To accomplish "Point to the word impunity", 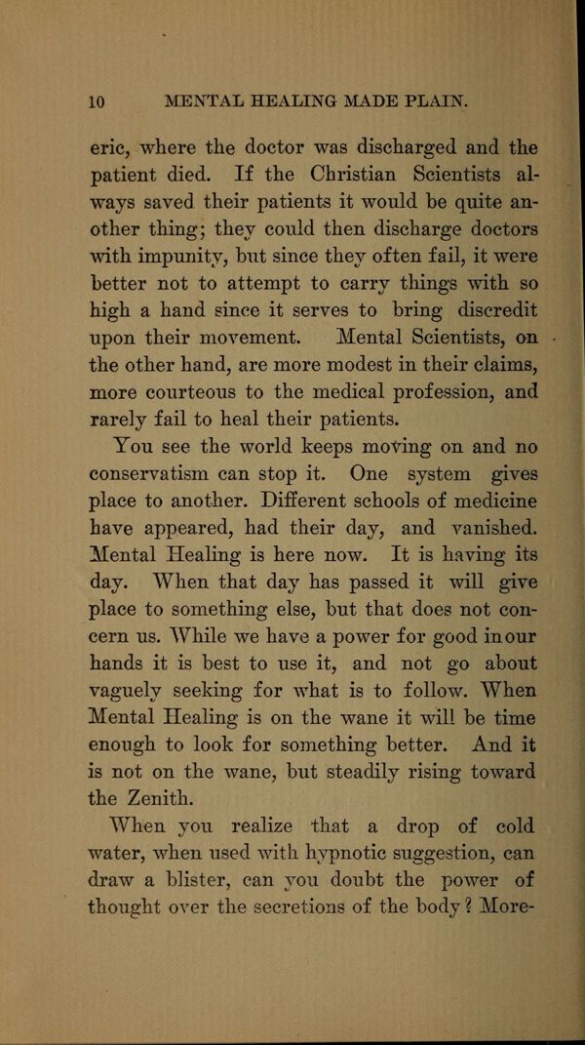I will tap(184, 259).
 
